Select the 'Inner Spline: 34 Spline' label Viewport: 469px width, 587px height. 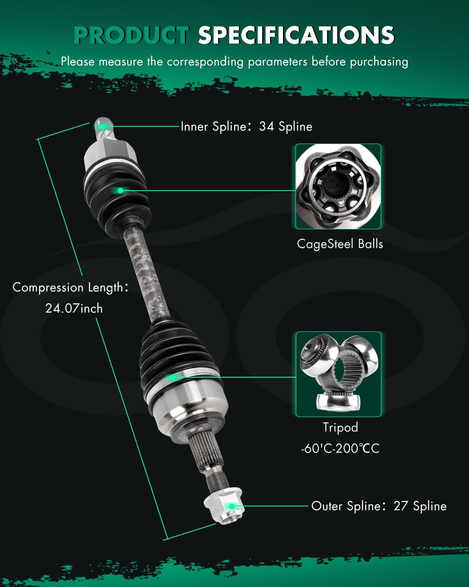(x=246, y=126)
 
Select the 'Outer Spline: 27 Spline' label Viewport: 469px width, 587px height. (x=378, y=506)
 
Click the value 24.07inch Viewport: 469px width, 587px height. (x=74, y=308)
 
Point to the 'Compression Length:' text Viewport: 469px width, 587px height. (x=70, y=287)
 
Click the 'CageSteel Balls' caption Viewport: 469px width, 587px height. (x=340, y=244)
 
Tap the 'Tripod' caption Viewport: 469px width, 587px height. (x=340, y=427)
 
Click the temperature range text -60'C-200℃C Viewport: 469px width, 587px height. (x=340, y=448)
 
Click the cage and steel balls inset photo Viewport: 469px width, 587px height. (x=338, y=186)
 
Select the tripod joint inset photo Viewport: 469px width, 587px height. (x=338, y=374)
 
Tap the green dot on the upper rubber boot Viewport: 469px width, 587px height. (x=120, y=190)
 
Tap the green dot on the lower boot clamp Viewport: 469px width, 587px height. (x=172, y=377)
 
